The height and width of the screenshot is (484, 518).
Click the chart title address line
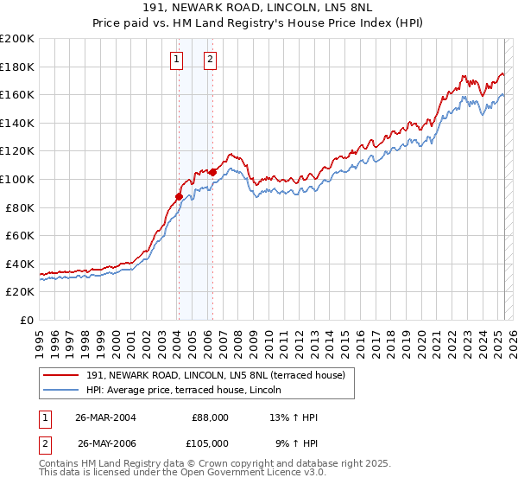click(259, 8)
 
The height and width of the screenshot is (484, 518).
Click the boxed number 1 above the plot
click(176, 60)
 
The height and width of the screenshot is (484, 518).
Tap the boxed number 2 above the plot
click(210, 60)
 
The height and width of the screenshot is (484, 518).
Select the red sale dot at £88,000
click(179, 196)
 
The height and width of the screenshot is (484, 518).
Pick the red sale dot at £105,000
click(212, 172)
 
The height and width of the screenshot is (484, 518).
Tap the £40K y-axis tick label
click(20, 264)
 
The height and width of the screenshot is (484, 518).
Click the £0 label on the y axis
click(27, 320)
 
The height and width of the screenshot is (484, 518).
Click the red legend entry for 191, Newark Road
click(216, 374)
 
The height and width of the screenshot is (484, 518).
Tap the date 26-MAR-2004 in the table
click(105, 417)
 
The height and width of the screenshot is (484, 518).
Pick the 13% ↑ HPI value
click(294, 417)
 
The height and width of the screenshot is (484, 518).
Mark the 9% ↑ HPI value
click(296, 443)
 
